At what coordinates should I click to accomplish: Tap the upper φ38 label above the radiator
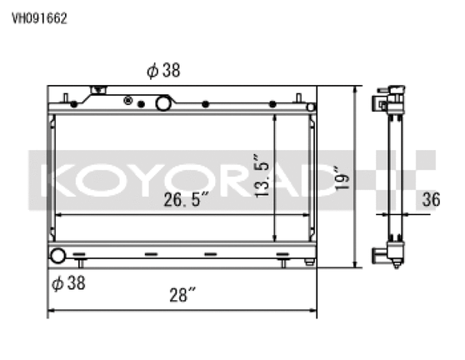coord(163,72)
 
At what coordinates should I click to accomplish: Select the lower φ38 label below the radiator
coord(68,282)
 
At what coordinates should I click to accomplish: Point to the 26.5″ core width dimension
coord(187,200)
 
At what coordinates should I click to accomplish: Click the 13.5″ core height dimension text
coord(264,176)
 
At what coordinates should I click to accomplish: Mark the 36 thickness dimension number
coord(431,199)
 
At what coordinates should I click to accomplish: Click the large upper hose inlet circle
coord(163,103)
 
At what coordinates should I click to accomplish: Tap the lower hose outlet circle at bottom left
coord(57,257)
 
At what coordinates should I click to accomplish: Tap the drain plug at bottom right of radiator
coord(308,262)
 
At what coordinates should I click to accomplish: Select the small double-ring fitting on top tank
coord(128,101)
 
